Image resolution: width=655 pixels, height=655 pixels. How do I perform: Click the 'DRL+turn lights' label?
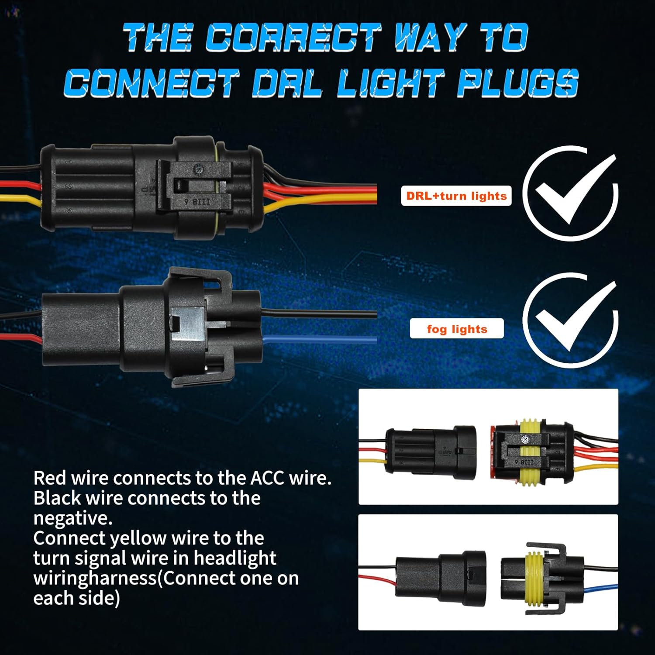(x=456, y=196)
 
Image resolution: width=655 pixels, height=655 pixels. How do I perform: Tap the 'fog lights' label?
(x=457, y=329)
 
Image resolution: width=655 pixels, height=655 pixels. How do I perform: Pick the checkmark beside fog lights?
(x=570, y=320)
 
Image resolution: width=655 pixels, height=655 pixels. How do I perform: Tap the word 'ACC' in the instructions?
(x=265, y=478)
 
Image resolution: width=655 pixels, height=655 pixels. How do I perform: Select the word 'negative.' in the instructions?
(x=73, y=518)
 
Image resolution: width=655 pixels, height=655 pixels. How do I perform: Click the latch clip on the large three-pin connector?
(x=194, y=188)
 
